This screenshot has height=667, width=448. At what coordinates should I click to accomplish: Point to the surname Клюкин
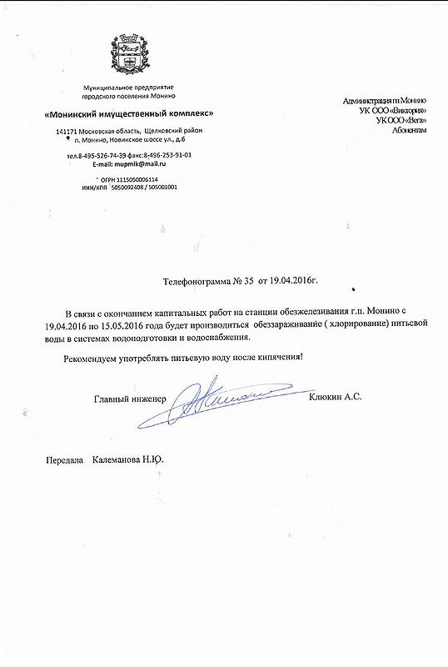click(x=326, y=399)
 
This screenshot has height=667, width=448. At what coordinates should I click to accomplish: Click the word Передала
click(x=64, y=459)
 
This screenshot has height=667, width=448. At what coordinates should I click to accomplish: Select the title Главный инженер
click(x=130, y=399)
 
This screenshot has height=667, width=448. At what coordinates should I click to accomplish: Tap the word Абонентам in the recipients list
click(x=406, y=131)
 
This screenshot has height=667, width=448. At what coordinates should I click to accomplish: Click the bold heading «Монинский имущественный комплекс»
click(x=128, y=113)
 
